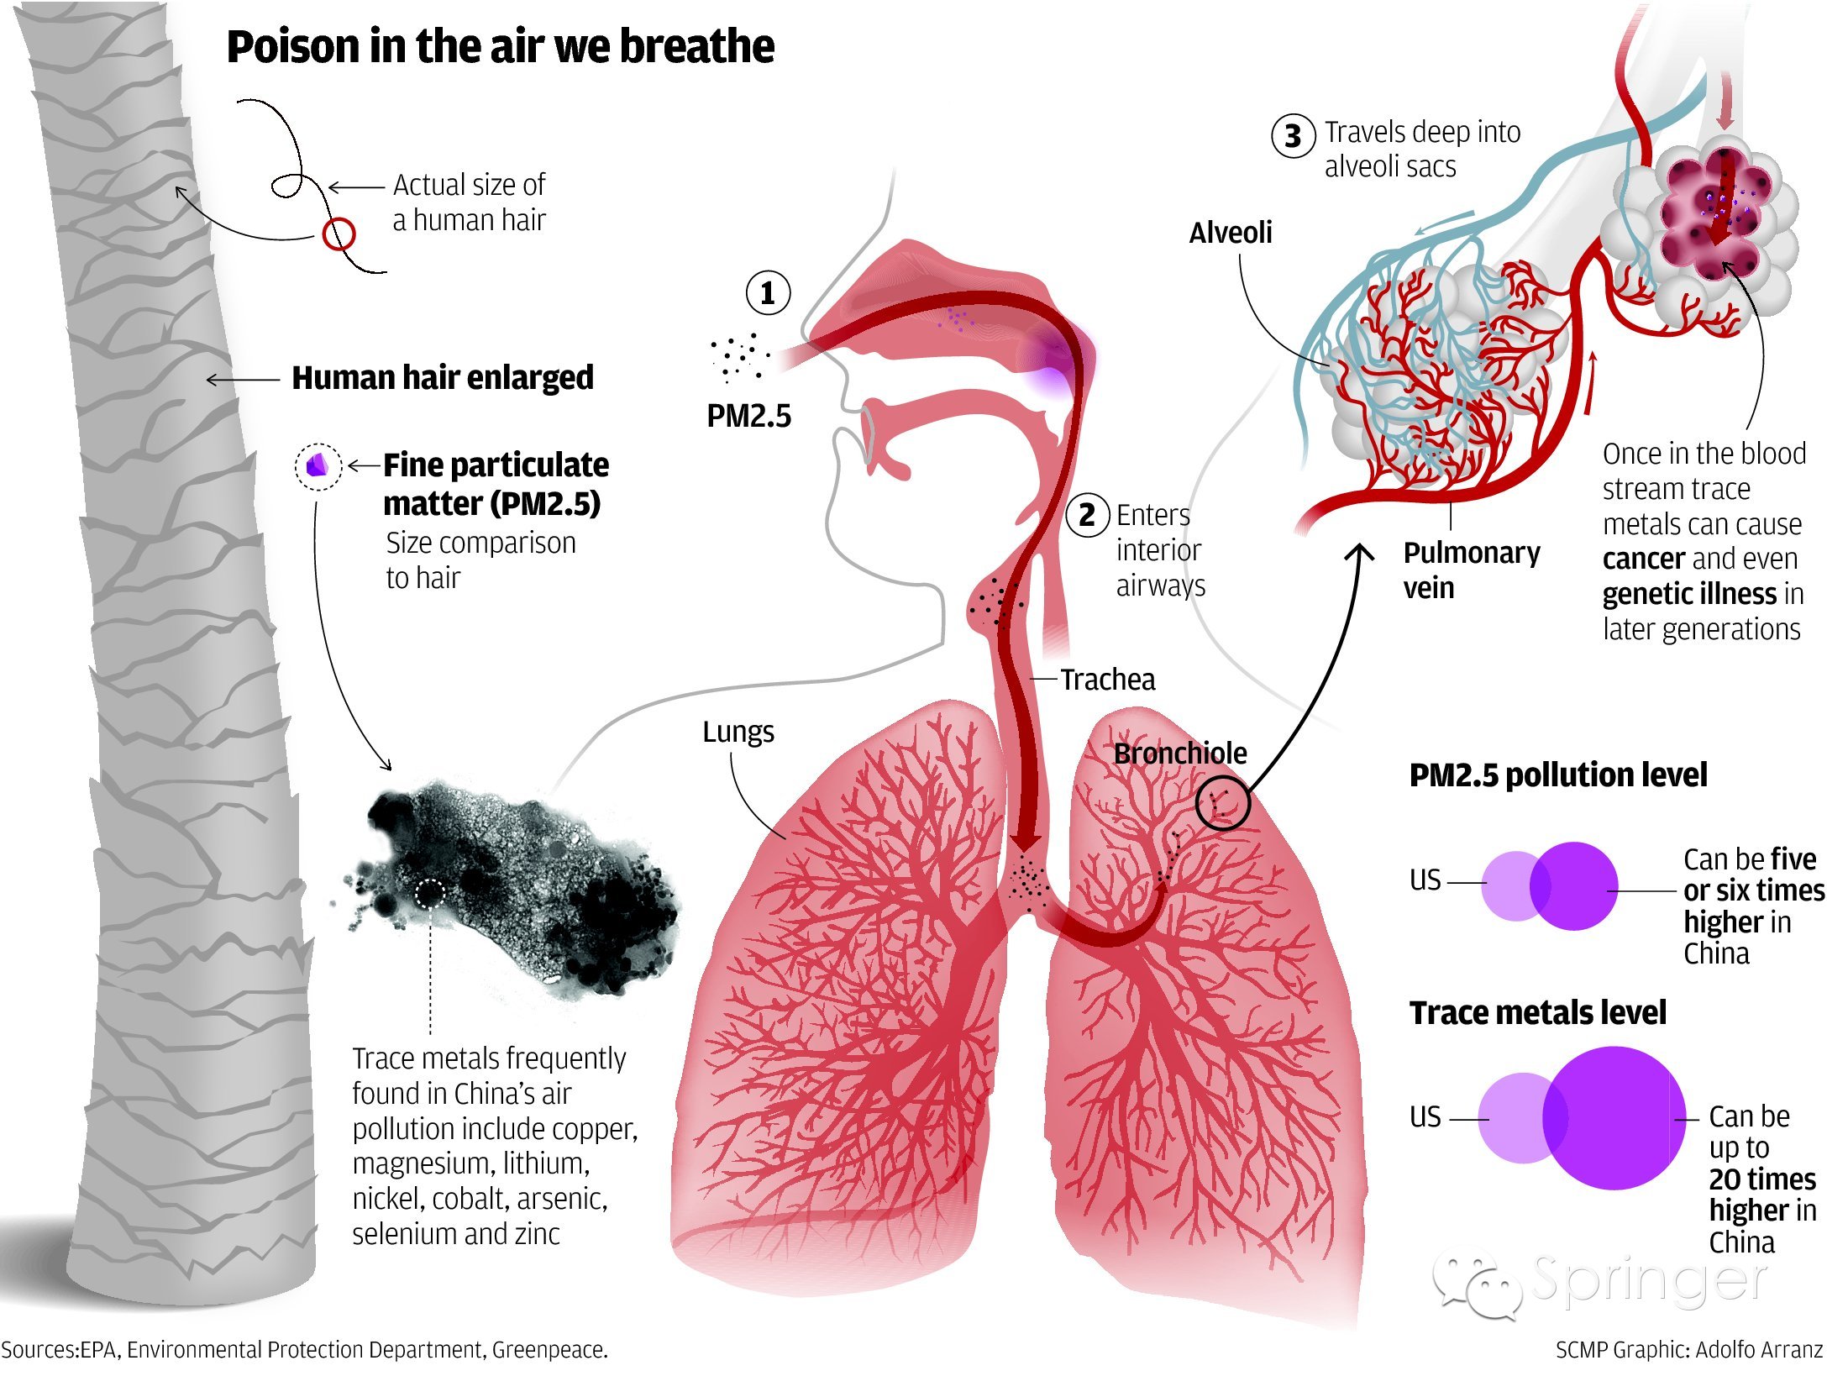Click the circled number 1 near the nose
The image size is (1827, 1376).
767,293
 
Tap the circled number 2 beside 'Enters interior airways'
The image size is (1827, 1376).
1087,515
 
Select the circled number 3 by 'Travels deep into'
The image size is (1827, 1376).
1293,136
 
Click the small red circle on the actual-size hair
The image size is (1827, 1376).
339,234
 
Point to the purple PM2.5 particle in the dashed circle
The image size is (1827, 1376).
318,465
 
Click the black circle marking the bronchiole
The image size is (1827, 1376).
1222,802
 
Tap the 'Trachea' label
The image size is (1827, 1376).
1107,679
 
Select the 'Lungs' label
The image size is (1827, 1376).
738,732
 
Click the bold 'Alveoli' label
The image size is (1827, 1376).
1230,233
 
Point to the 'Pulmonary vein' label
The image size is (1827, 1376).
1471,570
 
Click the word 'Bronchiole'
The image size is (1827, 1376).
1179,754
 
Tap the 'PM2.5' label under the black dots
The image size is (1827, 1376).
748,416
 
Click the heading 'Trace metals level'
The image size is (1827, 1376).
1537,1013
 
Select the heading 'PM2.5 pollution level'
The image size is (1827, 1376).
1557,775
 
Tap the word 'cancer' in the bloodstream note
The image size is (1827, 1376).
1643,559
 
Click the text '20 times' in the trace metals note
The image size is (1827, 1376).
1761,1179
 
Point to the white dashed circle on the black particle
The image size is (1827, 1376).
430,893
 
